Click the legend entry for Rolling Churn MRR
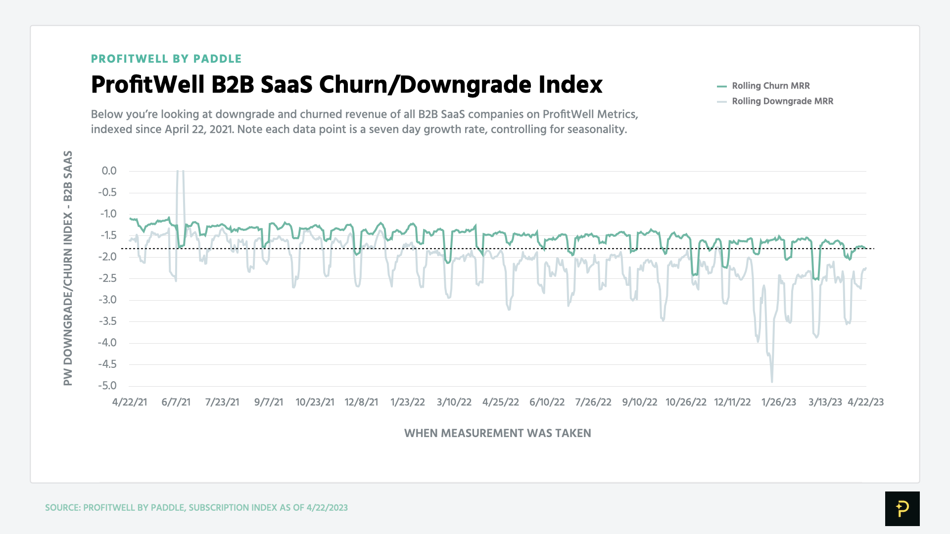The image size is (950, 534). (x=770, y=86)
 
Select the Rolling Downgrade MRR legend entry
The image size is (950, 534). (x=782, y=101)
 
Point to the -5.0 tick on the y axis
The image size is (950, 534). (x=107, y=386)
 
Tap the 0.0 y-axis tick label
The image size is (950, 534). (x=109, y=171)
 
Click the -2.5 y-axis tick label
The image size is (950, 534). (x=107, y=278)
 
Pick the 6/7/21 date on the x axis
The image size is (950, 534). (x=176, y=402)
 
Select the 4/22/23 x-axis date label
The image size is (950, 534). (x=865, y=402)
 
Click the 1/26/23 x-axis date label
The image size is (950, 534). (x=778, y=402)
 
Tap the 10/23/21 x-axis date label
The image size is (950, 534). (x=315, y=402)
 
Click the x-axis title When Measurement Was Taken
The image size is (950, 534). (x=497, y=433)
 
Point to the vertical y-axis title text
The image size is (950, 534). (x=68, y=268)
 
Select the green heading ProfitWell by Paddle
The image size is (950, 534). (x=166, y=59)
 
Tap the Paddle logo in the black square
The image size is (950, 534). (x=902, y=508)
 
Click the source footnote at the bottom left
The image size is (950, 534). (x=196, y=508)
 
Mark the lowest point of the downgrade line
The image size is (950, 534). (x=772, y=381)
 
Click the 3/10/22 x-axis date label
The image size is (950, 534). (x=454, y=402)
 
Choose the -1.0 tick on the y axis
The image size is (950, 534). (x=108, y=214)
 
